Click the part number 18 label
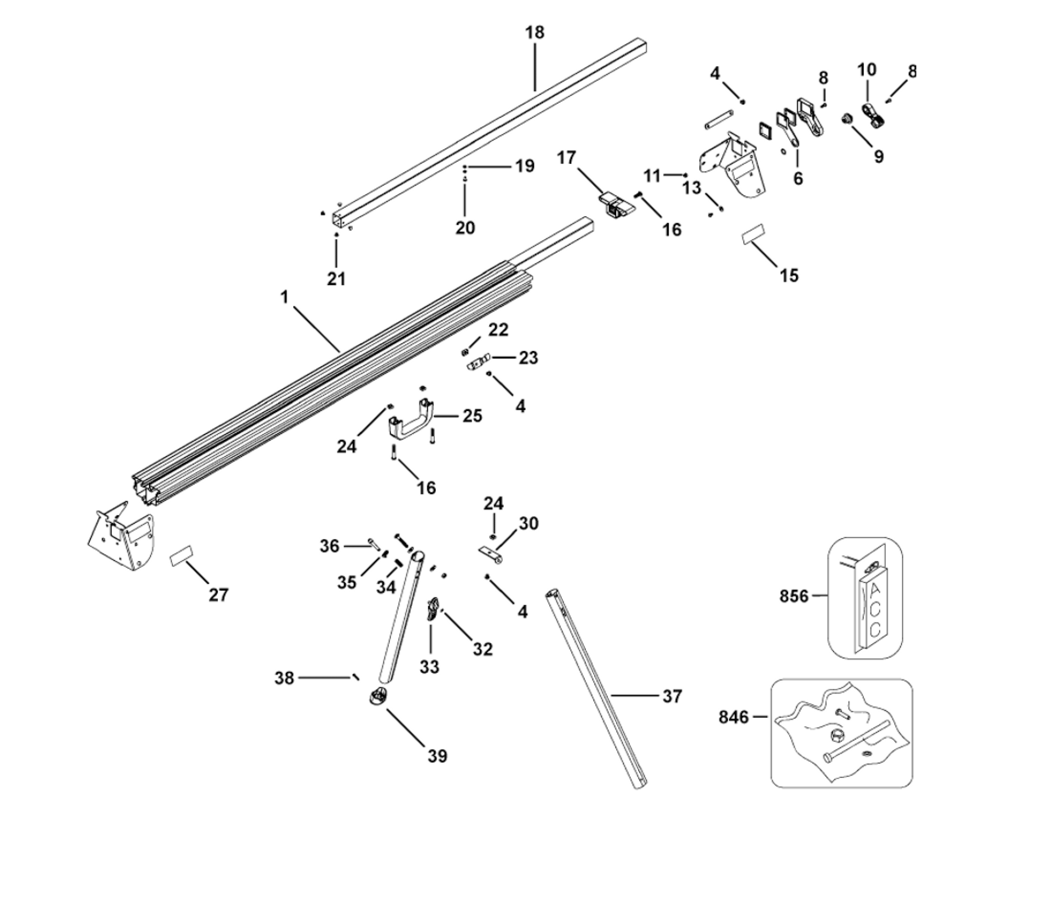[x=534, y=33]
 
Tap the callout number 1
[x=284, y=297]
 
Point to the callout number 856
[x=794, y=596]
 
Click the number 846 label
[x=734, y=717]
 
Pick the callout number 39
[x=437, y=756]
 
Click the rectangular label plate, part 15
[x=753, y=234]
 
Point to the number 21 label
[x=336, y=279]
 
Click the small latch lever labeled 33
[x=432, y=610]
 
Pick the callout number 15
[x=789, y=275]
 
